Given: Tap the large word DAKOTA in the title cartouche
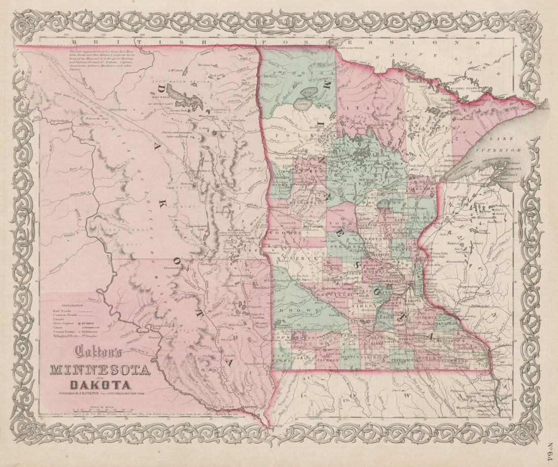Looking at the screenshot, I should pyautogui.click(x=99, y=385).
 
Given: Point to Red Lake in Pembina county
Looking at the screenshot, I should pyautogui.click(x=306, y=97).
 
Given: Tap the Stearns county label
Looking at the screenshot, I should pyautogui.click(x=340, y=247).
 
